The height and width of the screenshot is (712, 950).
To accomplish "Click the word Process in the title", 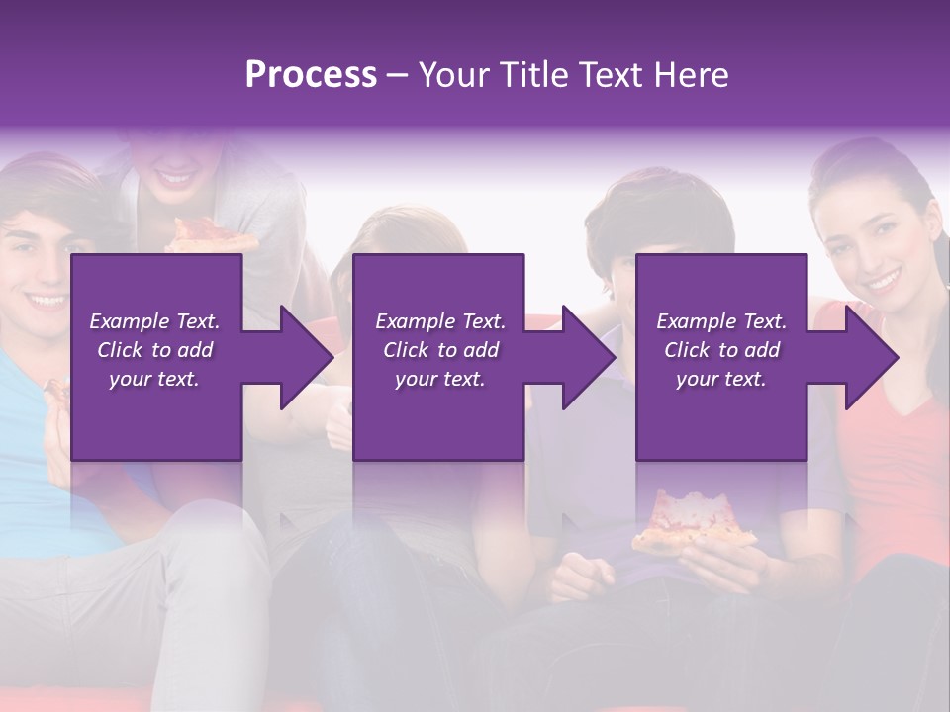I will [311, 75].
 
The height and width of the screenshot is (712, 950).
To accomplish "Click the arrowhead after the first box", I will [302, 357].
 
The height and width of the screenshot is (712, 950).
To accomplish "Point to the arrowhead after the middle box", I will [585, 357].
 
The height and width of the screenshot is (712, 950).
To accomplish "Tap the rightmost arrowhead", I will [868, 357].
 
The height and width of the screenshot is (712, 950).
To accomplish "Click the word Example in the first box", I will [129, 320].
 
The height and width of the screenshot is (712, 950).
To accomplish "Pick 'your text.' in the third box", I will [720, 378].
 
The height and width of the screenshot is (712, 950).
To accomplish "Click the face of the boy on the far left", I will [40, 267].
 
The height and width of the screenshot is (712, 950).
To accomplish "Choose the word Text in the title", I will [608, 75].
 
